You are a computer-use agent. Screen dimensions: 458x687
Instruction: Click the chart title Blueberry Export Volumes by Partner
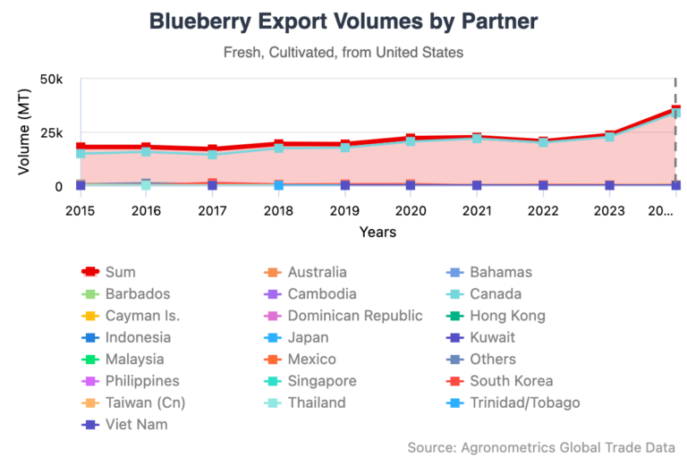click(x=343, y=21)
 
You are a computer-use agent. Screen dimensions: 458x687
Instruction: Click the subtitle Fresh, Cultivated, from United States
click(x=343, y=52)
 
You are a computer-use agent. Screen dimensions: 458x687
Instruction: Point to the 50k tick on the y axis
click(x=50, y=80)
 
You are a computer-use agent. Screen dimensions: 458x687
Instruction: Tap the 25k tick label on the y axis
click(x=50, y=132)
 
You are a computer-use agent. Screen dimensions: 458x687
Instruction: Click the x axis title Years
click(x=377, y=232)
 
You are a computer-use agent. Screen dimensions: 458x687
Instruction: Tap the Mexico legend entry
click(x=311, y=359)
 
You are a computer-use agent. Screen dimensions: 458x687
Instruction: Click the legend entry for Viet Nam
click(x=136, y=424)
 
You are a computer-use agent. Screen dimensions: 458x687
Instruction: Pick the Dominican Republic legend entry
click(x=355, y=315)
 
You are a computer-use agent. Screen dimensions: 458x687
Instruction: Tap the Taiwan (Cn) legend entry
click(x=145, y=403)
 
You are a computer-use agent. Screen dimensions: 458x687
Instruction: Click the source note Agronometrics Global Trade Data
click(x=540, y=446)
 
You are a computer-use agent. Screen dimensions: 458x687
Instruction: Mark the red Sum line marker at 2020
click(x=411, y=140)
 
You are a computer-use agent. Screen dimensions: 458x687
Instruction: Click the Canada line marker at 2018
click(x=279, y=148)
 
